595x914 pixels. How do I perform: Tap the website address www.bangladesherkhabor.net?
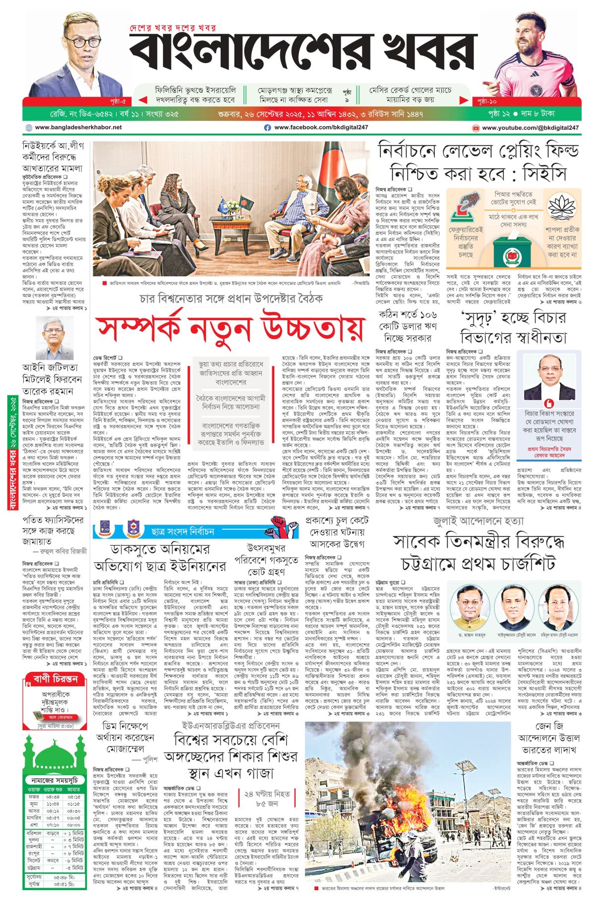(78, 128)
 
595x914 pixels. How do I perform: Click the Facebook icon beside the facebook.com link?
(267, 128)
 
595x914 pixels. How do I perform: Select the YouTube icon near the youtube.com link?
(476, 128)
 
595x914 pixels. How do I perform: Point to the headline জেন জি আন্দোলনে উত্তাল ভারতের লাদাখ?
(548, 737)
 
